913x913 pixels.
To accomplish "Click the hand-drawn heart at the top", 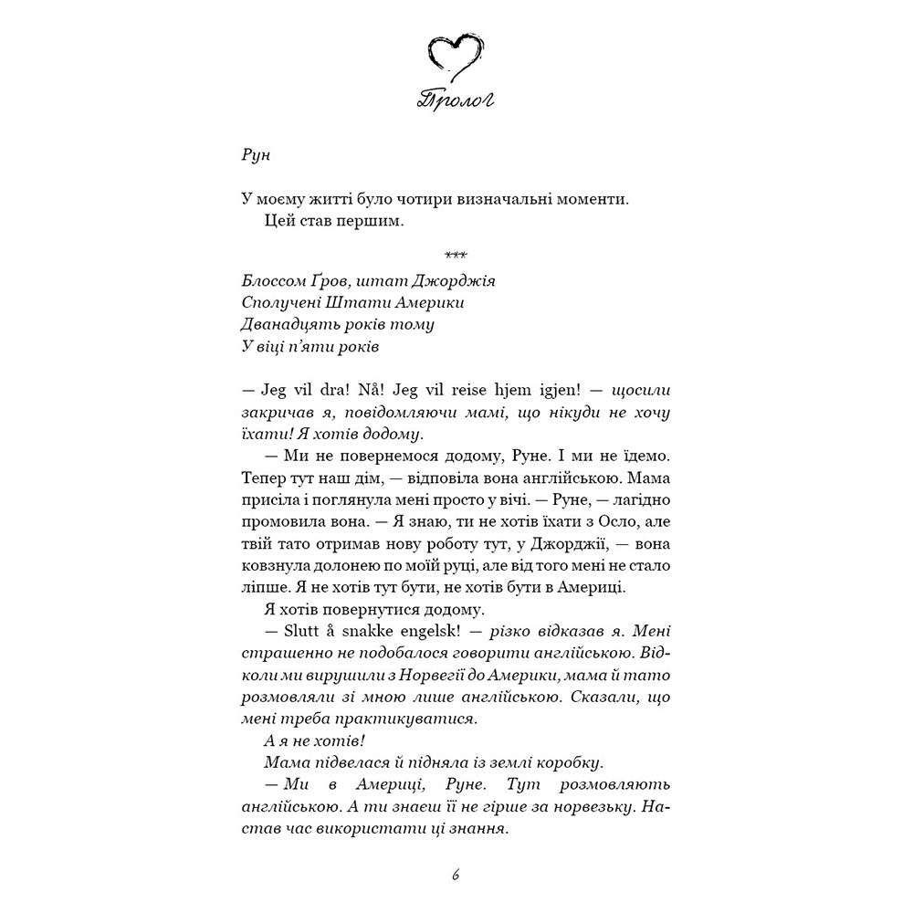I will pos(456,57).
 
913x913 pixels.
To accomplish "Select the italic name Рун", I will pos(257,154).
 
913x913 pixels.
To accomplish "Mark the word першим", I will pos(370,222).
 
